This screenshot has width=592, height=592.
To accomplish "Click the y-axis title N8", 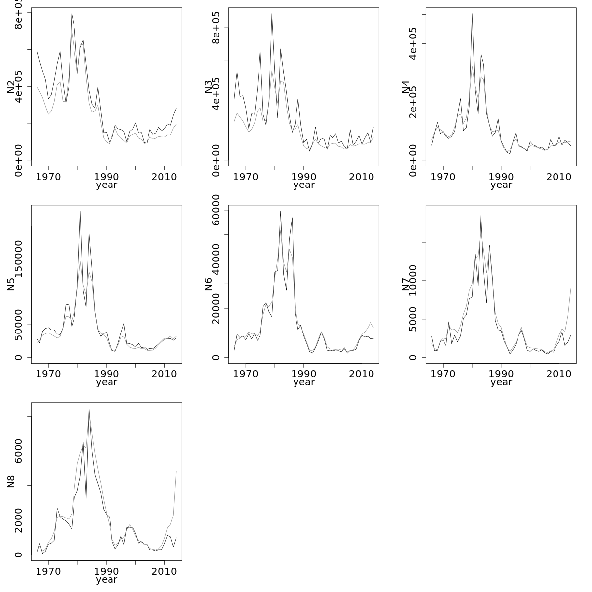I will coord(11,481).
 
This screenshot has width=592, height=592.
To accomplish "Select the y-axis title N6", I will coord(208,284).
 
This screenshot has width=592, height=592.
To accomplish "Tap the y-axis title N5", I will coord(11,284).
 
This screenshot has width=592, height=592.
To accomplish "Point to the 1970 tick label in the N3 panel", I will coord(246,177).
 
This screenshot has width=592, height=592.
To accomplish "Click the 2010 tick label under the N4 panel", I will coord(558,177).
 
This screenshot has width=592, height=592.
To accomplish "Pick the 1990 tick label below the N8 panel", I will coord(107,572).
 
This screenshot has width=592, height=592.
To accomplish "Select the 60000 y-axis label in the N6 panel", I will coord(216,210).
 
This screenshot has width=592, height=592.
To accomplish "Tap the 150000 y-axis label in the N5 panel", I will coord(18,259).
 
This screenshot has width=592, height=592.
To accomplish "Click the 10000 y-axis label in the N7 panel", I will coord(413,280).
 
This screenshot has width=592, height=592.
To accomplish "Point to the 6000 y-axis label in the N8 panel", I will coord(18,451).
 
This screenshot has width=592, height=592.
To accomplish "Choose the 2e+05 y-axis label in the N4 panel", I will coord(413,102).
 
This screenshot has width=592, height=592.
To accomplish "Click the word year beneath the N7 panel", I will coord(501,382).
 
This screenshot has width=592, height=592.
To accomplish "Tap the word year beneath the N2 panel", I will coord(107,185).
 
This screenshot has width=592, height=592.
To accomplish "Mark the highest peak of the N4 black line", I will coord(472,14).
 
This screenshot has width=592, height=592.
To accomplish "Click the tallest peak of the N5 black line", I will coord(80,211).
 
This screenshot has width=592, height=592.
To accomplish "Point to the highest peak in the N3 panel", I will coord(272,14).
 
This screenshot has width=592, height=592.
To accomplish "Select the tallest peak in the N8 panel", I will coord(89,408).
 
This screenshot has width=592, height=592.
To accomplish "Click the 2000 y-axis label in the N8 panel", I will coord(18,520).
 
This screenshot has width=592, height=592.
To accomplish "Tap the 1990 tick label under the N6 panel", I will coord(304,374).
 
